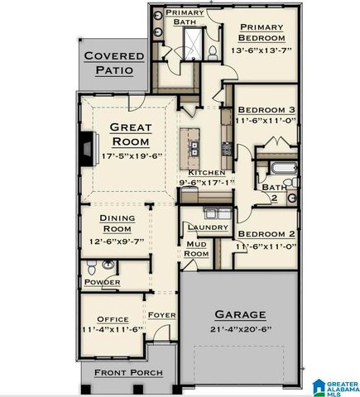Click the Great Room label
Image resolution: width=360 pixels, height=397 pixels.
131,134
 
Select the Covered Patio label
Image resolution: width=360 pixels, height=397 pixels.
113,64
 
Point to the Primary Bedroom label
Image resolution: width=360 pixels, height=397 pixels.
261,31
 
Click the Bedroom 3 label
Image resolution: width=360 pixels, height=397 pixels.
265,109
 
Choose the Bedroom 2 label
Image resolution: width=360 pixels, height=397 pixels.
265,234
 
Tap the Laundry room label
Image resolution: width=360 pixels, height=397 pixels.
202,227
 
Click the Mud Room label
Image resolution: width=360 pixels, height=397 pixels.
196,249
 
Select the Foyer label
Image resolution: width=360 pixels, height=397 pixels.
161,315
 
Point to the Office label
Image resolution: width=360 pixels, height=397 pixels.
113,319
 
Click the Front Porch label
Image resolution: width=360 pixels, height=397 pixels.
127,373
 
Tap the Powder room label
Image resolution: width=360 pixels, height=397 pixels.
102,283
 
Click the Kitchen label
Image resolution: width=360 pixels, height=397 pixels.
206,172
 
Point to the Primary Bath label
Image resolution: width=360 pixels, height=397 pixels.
185,17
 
